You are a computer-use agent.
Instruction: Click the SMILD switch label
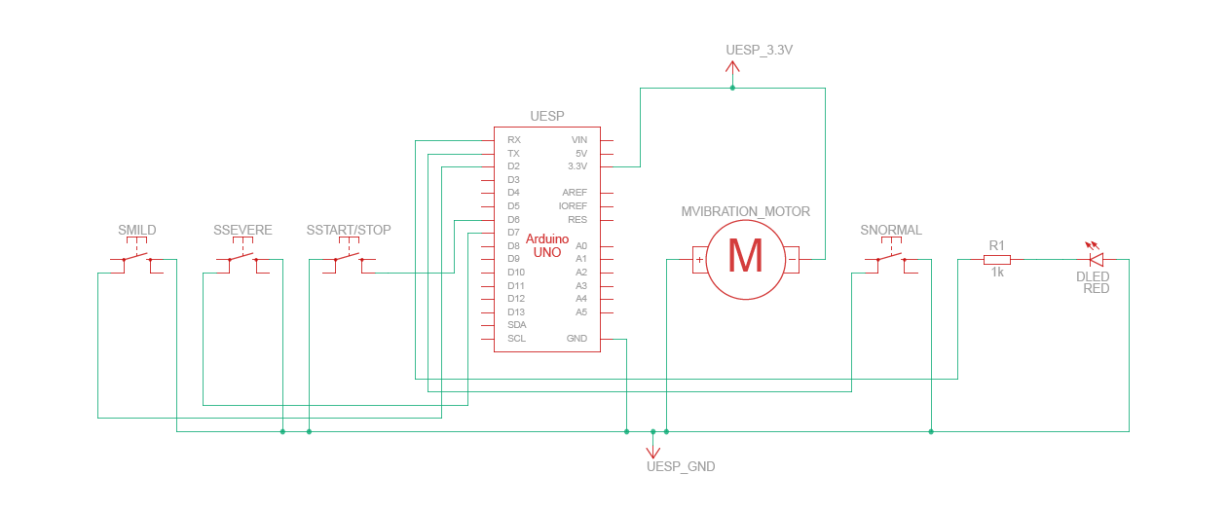(x=137, y=231)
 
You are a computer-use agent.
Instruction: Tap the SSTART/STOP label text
(x=349, y=231)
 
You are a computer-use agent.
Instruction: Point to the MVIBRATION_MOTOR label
(x=745, y=211)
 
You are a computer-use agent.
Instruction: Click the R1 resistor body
(x=996, y=260)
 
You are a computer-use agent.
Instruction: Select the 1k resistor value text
(x=997, y=274)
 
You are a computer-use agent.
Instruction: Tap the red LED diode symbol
(x=1096, y=259)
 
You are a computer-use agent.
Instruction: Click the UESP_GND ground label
(x=681, y=467)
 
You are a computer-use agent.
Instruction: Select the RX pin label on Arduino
(x=514, y=140)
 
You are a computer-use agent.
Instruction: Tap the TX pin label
(x=513, y=154)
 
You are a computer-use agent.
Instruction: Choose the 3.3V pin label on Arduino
(x=577, y=166)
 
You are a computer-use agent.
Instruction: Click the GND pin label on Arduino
(x=577, y=339)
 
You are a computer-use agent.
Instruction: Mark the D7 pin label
(x=513, y=233)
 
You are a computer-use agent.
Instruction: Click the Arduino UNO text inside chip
(x=546, y=245)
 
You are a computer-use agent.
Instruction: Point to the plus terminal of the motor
(x=699, y=260)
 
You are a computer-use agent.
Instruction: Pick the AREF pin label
(x=575, y=193)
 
